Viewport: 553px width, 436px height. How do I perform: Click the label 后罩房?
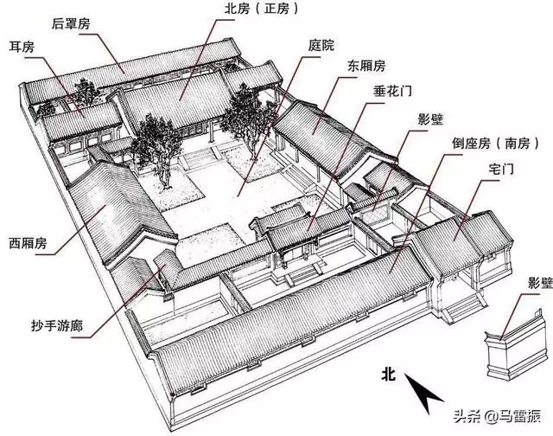coord(71,24)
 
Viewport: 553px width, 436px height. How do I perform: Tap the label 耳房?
coord(22,47)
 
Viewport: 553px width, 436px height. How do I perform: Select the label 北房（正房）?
coord(261,9)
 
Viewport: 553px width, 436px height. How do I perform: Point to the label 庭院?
coord(321,46)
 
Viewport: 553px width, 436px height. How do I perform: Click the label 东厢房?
coord(366,66)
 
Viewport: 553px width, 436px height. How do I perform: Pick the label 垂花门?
coord(392,92)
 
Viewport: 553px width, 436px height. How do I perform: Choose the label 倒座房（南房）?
coord(496,144)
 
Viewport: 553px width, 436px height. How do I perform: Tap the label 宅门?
coord(501,170)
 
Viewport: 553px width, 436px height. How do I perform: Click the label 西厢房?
coord(28,243)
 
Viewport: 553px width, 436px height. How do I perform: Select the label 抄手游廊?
coord(57,325)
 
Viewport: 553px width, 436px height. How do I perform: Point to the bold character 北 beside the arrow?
coord(388,375)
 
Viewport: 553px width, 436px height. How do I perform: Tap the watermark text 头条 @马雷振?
coord(498,416)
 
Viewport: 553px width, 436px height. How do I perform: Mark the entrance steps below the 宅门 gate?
coord(464,305)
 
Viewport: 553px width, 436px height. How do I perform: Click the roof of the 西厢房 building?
coord(122,212)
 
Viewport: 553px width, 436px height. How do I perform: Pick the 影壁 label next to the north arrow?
coord(540,283)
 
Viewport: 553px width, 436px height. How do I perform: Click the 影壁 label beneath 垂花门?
coord(430,119)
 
